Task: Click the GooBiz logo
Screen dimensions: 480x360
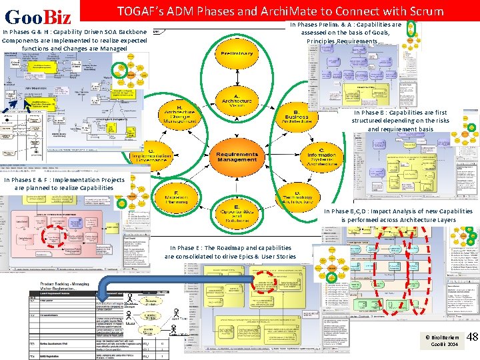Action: coord(38,15)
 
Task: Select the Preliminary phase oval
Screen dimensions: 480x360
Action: coord(233,54)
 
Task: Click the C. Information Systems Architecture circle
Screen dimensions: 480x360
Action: coord(321,157)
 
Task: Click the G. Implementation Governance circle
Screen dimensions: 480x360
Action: coord(153,157)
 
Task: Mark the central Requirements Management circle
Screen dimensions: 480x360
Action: coord(237,157)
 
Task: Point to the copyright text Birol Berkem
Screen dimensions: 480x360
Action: coord(443,337)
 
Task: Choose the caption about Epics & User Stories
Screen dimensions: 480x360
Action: coord(231,252)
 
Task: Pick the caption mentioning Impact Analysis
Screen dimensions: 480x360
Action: coord(399,215)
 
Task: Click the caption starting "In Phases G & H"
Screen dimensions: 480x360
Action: coord(75,39)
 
